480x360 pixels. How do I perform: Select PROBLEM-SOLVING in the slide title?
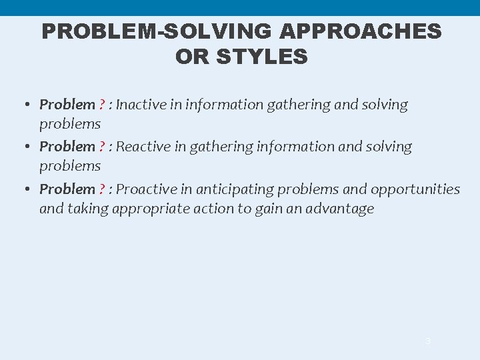pos(158,31)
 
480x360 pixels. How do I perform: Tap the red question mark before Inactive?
pos(102,105)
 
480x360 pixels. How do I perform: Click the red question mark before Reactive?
pos(102,147)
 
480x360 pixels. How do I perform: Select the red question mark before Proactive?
pos(102,189)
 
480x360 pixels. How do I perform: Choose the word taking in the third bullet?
pos(88,209)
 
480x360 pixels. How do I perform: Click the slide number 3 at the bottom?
pos(428,341)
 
